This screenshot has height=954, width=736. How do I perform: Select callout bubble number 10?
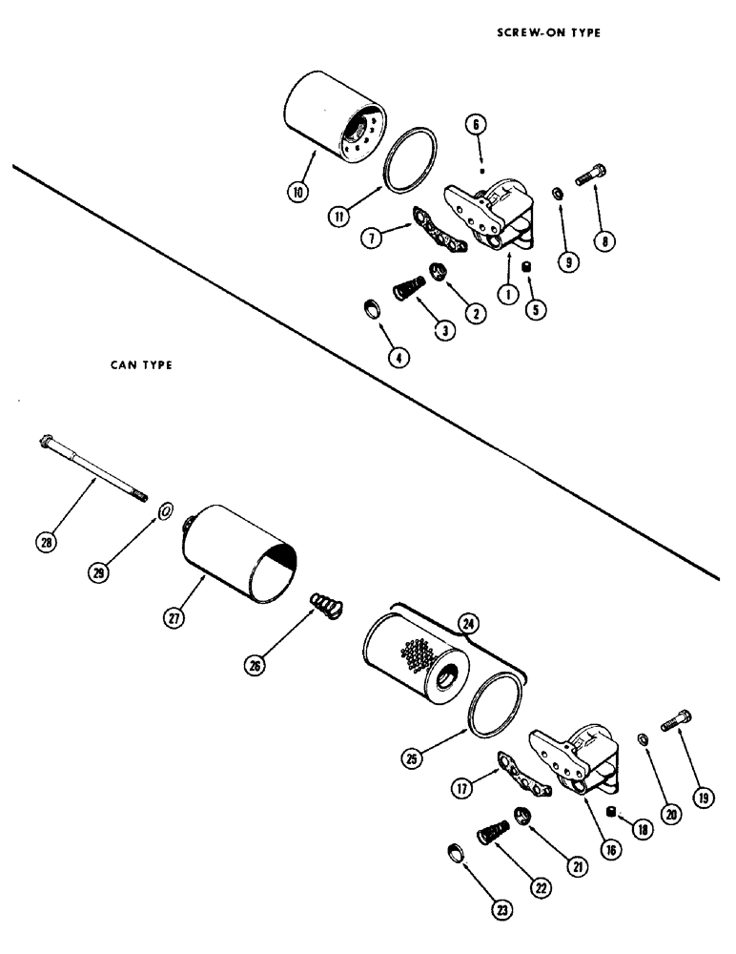pos(298,192)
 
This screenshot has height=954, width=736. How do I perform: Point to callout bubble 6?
pos(476,124)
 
